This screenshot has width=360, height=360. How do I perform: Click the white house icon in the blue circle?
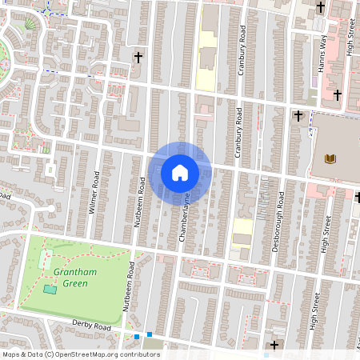click(179, 172)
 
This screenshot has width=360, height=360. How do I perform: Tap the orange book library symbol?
click(330, 158)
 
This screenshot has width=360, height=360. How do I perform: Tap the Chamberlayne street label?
click(186, 216)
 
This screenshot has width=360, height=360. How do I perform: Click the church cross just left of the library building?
click(298, 115)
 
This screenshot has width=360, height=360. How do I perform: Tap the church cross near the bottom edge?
click(275, 346)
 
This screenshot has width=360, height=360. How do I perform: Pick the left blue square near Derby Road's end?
click(137, 337)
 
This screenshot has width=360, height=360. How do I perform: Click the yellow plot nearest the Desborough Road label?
click(242, 226)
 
